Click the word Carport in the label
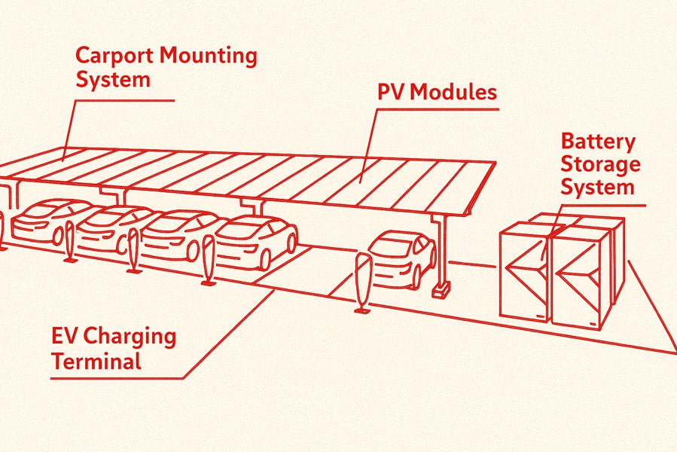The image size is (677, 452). coord(116,57)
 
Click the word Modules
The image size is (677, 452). coord(454,93)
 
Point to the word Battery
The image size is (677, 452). coord(599,142)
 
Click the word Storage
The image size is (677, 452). coord(601,163)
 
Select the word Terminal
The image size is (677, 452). coord(96,361)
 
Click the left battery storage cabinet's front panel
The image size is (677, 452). coord(525,276)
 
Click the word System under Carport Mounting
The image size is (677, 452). coord(113,80)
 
